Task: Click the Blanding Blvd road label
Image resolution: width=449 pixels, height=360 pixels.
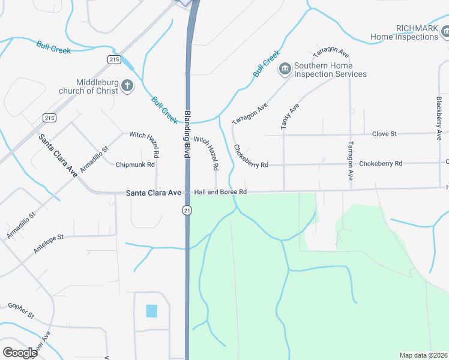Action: click(187, 134)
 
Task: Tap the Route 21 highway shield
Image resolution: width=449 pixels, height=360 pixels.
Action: click(187, 209)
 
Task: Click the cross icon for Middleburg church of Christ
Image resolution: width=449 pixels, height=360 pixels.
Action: click(127, 86)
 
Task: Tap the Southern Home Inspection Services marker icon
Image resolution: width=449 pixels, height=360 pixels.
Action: click(285, 70)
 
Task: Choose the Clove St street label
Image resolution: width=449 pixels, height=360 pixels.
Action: click(384, 134)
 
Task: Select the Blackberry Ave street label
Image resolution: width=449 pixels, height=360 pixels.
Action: click(439, 115)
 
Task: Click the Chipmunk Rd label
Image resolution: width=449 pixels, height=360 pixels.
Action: click(135, 164)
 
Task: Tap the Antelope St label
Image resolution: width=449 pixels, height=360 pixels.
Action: click(49, 245)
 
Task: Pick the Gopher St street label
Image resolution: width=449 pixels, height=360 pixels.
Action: click(21, 310)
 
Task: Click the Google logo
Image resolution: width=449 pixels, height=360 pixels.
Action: click(20, 352)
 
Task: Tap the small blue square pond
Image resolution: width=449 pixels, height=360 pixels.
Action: click(151, 311)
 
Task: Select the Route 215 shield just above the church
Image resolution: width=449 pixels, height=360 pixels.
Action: click(115, 59)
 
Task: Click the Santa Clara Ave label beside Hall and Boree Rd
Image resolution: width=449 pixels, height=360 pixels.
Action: click(153, 193)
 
